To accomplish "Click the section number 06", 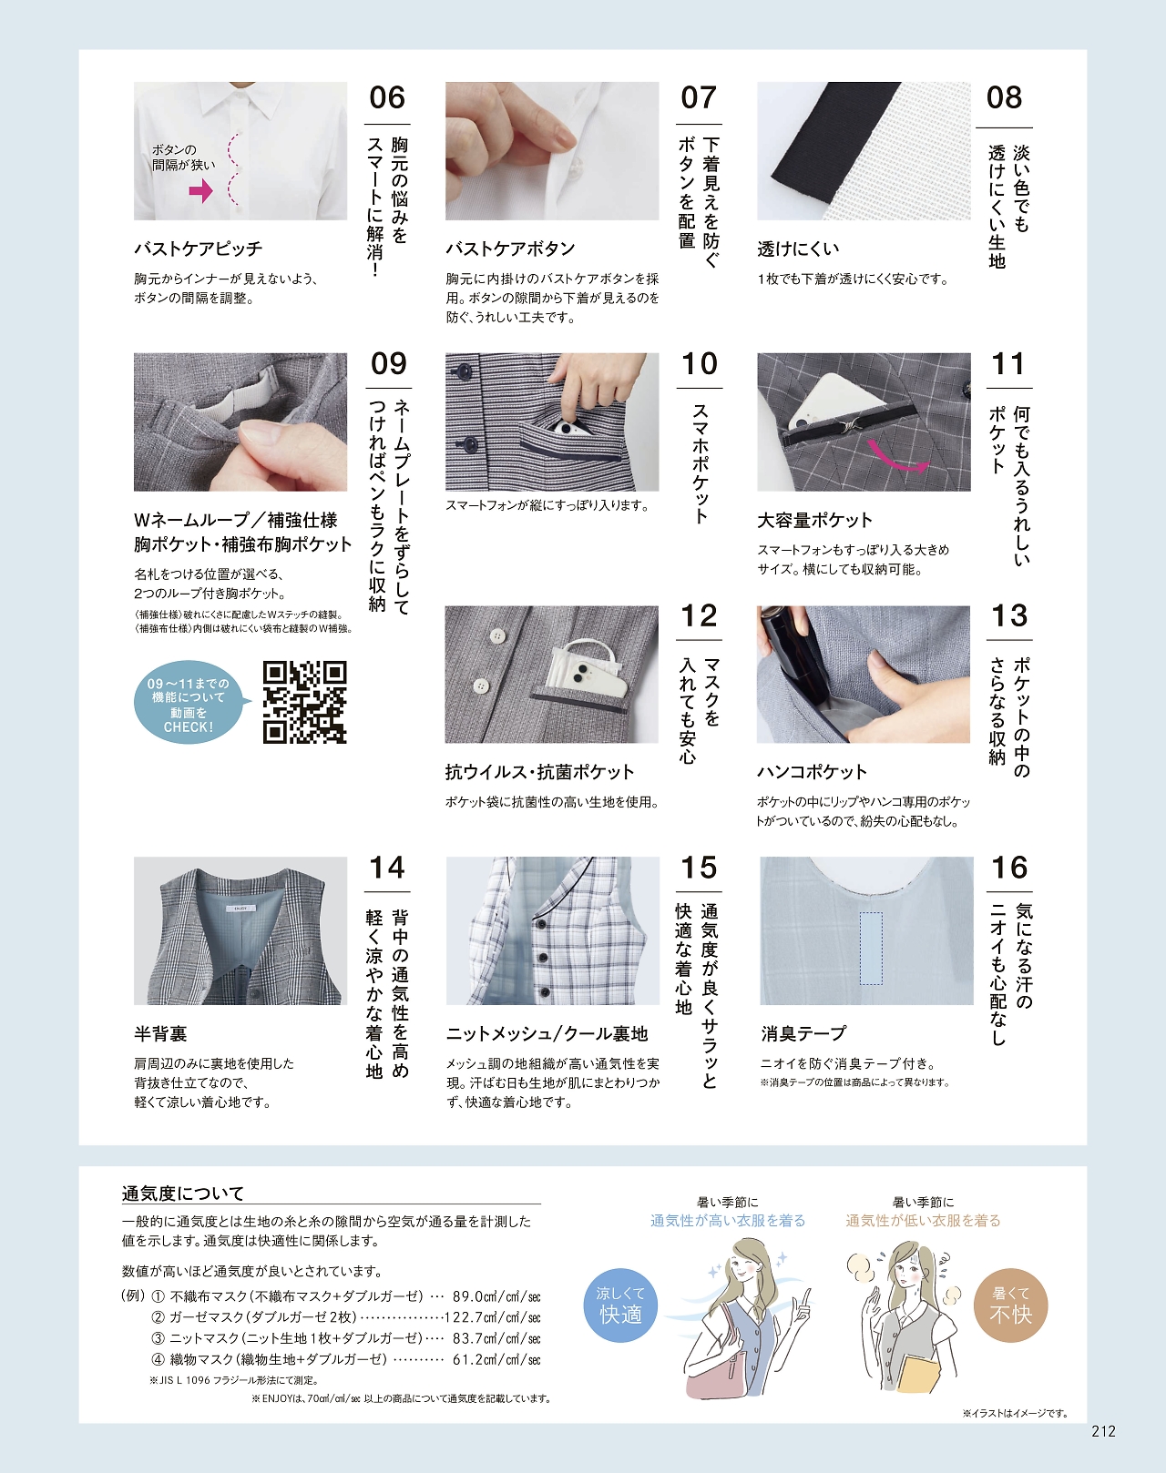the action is tap(387, 98).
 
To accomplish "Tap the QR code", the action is tap(305, 702).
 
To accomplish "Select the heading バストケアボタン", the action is tap(510, 249).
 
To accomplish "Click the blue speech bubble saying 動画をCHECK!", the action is tap(189, 702).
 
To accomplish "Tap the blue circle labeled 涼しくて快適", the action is tap(620, 1305).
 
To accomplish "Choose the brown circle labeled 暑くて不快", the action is tap(1010, 1305).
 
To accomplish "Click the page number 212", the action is tap(1104, 1430).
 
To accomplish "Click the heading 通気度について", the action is tap(183, 1194).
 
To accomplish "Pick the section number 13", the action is tap(1009, 615).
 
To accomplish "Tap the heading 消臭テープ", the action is tap(803, 1033).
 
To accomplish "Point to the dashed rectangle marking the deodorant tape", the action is tap(871, 948).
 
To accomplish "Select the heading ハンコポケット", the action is tap(812, 772).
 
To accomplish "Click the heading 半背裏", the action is tap(160, 1033).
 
